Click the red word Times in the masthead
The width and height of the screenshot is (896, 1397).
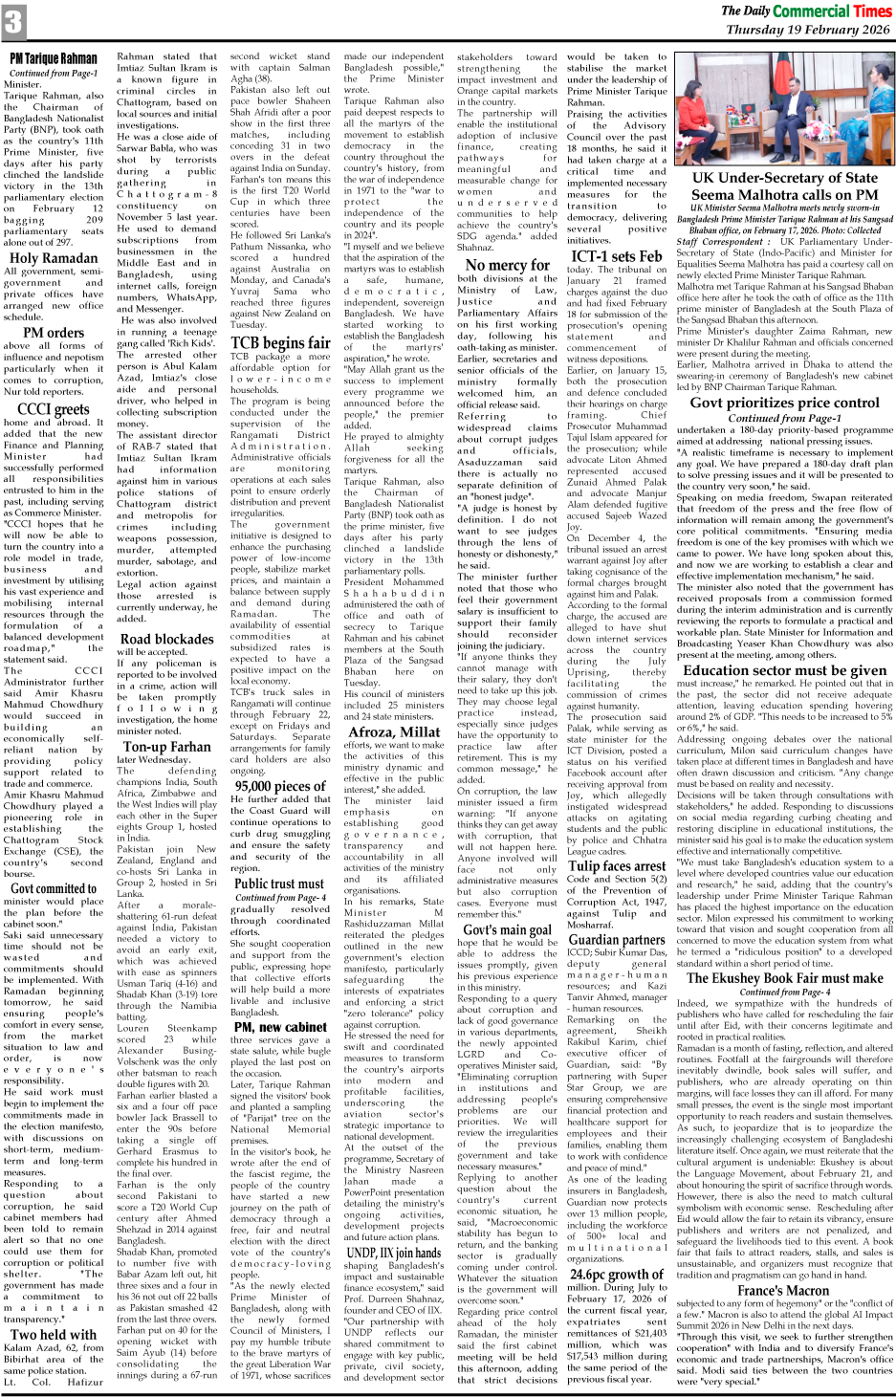pyautogui.click(x=860, y=11)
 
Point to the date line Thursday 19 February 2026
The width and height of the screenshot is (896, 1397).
pyautogui.click(x=808, y=30)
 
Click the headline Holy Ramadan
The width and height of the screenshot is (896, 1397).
pyautogui.click(x=54, y=258)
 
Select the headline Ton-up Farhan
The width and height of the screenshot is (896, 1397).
pyautogui.click(x=166, y=746)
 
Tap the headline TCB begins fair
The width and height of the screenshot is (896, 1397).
pyautogui.click(x=280, y=342)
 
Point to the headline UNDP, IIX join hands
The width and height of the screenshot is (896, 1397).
pyautogui.click(x=393, y=1253)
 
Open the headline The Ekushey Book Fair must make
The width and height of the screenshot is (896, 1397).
pyautogui.click(x=784, y=977)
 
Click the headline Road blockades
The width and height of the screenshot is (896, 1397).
pyautogui.click(x=166, y=639)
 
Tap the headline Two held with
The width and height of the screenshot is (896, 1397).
pyautogui.click(x=54, y=1334)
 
